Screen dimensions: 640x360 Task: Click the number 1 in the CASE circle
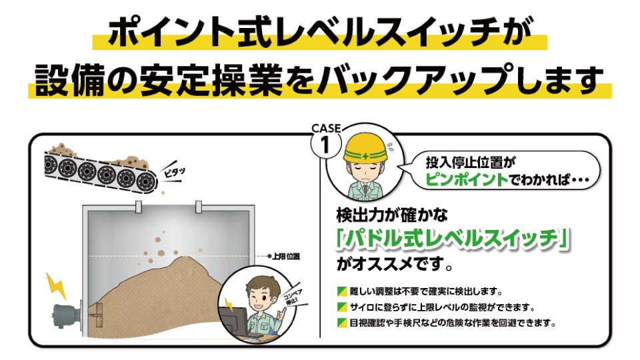click(325, 145)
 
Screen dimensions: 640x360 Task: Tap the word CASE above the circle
click(326, 128)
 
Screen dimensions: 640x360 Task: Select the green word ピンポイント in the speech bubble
click(467, 179)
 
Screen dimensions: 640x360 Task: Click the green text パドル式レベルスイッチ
click(452, 239)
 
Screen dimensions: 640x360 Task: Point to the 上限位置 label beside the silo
click(286, 256)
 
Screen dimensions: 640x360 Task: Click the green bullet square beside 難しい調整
click(342, 291)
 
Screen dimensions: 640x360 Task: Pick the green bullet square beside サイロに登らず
click(342, 307)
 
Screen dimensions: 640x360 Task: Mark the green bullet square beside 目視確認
click(342, 323)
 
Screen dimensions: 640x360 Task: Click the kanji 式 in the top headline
click(251, 33)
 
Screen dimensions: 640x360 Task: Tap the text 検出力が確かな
click(392, 215)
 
